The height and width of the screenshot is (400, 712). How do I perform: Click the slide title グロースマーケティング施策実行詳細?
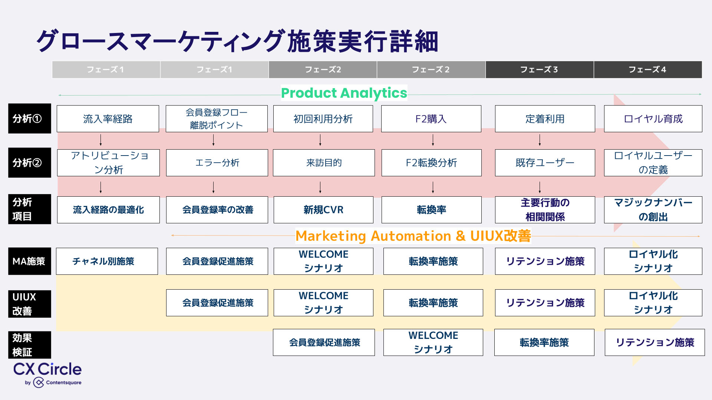point(237,41)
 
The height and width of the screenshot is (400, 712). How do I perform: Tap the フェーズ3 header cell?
point(539,70)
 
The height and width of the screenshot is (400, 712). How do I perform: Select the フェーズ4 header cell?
point(647,70)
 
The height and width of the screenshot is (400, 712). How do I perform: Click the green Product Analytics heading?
point(344,93)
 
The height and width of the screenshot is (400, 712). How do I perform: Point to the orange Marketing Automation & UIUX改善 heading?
point(413,236)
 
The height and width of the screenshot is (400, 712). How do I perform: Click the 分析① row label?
point(29,119)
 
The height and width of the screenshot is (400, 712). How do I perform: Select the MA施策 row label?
point(29,261)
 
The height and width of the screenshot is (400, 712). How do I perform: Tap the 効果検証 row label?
point(29,345)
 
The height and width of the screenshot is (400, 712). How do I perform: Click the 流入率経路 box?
point(108,119)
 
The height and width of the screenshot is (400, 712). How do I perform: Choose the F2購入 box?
point(431,119)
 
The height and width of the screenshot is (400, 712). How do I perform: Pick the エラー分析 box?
point(217,163)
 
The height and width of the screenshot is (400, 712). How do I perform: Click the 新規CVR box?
point(323,210)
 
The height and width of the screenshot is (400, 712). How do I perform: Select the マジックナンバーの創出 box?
point(653,210)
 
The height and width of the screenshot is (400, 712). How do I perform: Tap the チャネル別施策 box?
point(107,261)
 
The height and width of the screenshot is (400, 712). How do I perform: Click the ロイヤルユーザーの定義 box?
point(653,163)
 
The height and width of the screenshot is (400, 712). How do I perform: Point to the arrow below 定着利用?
point(540,140)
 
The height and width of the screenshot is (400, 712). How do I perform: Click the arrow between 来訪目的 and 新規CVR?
point(320,187)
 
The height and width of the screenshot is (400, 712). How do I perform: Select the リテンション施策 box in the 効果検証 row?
point(655,342)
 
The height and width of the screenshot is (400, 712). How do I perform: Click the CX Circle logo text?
point(47,369)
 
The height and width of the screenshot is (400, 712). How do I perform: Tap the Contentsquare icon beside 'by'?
point(39,383)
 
